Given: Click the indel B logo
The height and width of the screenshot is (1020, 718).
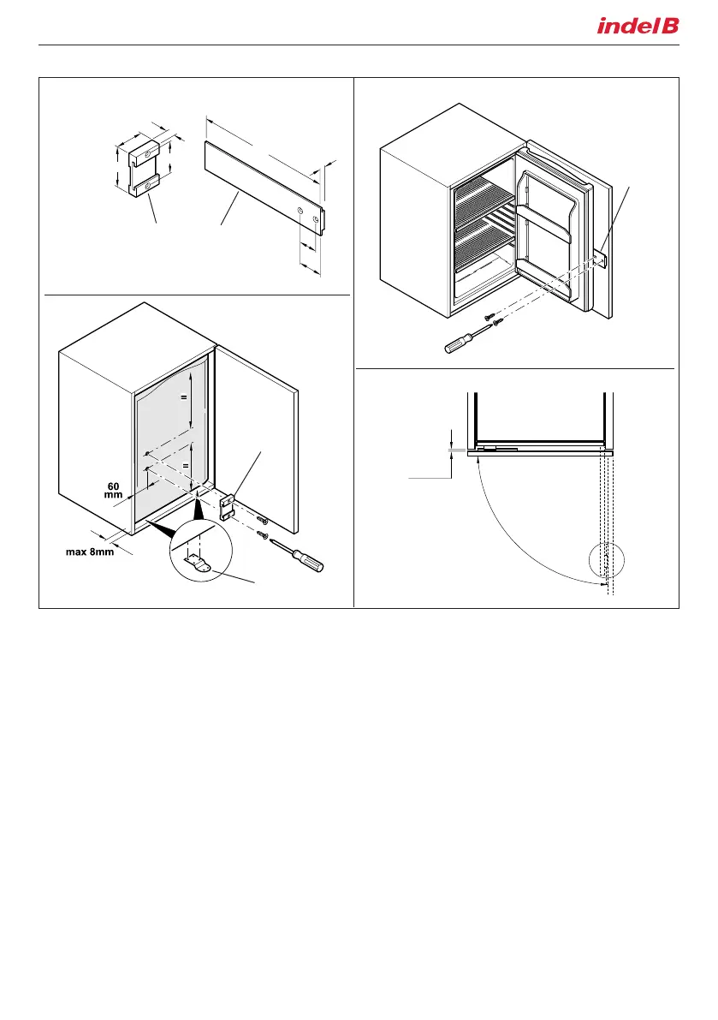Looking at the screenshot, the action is click(638, 27).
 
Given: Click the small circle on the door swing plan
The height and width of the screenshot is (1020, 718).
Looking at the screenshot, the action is click(608, 563).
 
